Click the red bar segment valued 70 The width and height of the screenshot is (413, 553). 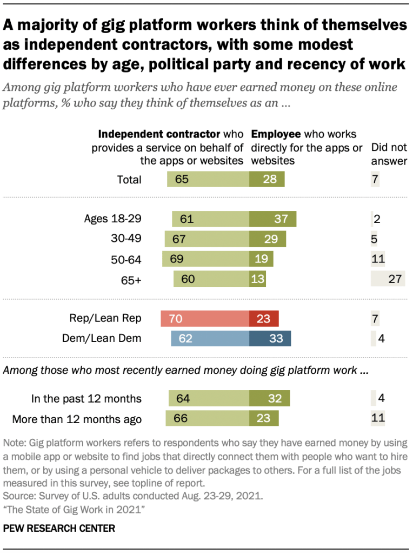click(205, 319)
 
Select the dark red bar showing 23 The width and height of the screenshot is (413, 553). click(264, 319)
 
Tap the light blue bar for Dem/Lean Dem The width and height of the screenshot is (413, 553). click(210, 339)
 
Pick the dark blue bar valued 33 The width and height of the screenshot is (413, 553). click(270, 339)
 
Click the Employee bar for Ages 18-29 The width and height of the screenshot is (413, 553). click(273, 219)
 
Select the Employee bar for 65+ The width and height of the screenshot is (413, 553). click(258, 279)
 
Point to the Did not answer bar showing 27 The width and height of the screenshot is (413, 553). click(388, 279)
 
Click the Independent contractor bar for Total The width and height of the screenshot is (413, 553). click(208, 179)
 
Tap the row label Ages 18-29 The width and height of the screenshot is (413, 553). click(112, 219)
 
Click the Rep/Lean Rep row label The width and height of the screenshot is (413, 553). click(106, 319)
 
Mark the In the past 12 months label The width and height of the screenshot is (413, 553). click(86, 399)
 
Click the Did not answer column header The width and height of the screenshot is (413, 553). click(389, 154)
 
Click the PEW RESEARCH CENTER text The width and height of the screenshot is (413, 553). click(59, 528)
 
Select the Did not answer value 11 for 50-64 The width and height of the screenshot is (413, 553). click(377, 259)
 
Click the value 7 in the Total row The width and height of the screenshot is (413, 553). click(375, 179)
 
